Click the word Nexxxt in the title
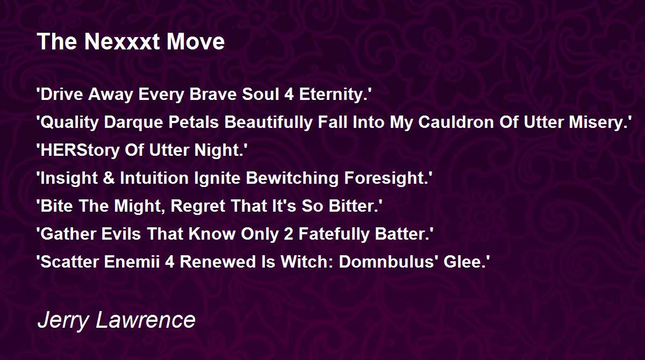coord(122,41)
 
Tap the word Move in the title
coord(196,41)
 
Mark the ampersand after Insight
coord(109,178)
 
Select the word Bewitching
coord(292,178)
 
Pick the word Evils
coord(121,234)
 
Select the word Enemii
coord(132,262)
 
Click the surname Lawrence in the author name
coord(146,320)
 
